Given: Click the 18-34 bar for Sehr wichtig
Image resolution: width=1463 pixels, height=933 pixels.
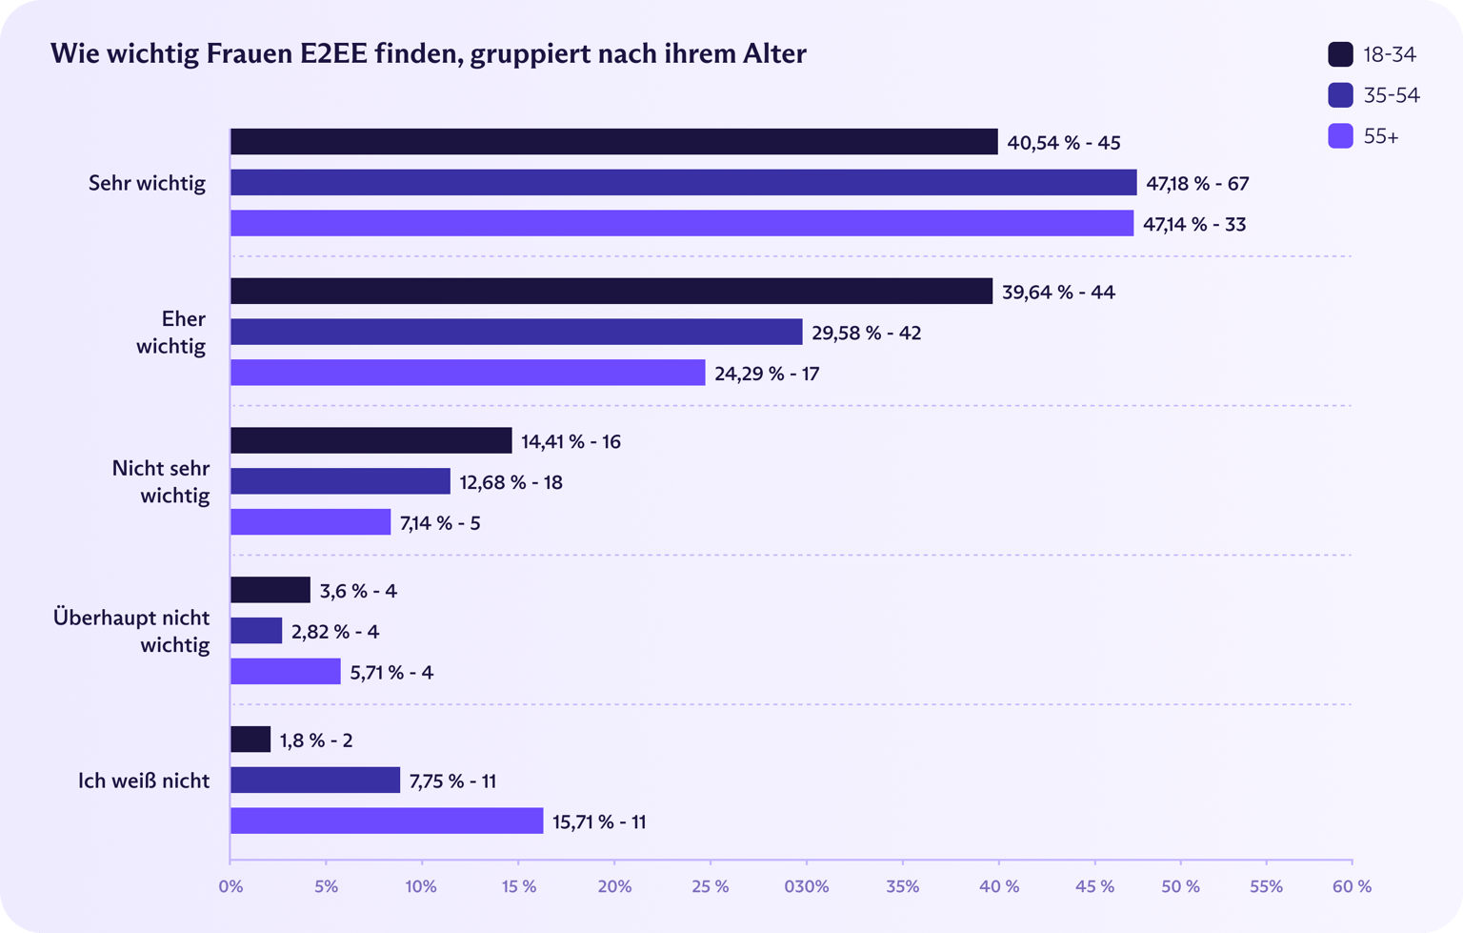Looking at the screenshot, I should coord(614,142).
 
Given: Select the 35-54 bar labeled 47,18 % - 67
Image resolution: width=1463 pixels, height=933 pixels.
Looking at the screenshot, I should coord(684,183).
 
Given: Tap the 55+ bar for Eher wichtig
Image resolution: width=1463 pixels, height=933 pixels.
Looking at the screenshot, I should coord(468,373).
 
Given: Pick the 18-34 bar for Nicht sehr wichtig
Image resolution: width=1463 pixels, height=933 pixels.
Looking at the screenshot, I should coord(371,440).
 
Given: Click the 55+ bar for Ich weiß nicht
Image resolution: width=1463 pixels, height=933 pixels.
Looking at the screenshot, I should coord(387,821).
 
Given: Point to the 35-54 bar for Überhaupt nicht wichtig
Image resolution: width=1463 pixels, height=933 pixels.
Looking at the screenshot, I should coord(256,631).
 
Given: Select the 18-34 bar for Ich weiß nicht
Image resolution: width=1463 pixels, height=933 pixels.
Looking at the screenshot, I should coord(251,740).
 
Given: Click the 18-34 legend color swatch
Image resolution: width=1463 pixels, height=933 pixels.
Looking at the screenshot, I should coord(1340,54).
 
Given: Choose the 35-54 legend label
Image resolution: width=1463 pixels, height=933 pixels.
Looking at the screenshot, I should coord(1391,95).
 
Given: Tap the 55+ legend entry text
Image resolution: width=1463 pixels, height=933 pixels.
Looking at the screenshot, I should coord(1380,136).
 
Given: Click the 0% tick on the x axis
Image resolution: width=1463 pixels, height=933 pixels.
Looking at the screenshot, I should coord(230,887).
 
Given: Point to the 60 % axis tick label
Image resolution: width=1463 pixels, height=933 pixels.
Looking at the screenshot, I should coord(1352,887).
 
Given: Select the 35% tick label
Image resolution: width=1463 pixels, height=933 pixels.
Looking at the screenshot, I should coord(902,887).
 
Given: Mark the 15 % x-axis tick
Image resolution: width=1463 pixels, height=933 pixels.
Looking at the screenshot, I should coord(518,887).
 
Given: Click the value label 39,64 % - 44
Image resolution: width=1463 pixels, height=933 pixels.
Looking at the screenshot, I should coord(1058,292).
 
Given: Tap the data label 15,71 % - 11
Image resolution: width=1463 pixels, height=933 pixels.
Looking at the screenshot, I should coord(599,821).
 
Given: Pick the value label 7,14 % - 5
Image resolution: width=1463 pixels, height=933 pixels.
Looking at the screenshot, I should coord(440,523).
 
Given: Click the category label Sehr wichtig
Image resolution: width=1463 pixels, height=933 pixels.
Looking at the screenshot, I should coord(147,183).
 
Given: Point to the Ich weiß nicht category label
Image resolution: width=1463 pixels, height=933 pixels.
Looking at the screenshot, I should coord(144,781).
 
